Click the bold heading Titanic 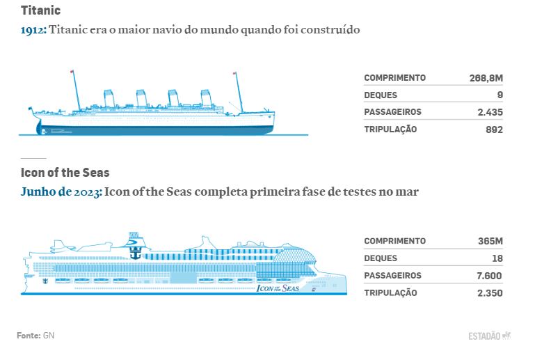pos(40,10)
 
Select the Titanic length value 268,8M pos(486,78)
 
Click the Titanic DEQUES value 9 pos(500,95)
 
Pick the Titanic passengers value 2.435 pos(490,112)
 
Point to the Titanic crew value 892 pos(494,130)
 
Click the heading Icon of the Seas pos(65,173)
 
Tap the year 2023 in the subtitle pos(87,192)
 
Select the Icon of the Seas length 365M pos(490,241)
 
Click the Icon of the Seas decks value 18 pos(497,258)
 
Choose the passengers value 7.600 pos(489,276)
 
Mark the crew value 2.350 pos(490,293)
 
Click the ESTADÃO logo pos(489,336)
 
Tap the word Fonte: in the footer pos(29,336)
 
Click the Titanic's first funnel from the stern pos(109,98)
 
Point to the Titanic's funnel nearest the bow pos(207,98)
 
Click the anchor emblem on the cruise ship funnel pos(136,253)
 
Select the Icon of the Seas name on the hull pos(278,288)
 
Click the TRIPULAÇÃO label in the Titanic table pos(390,130)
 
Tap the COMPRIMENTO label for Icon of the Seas pos(394,241)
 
